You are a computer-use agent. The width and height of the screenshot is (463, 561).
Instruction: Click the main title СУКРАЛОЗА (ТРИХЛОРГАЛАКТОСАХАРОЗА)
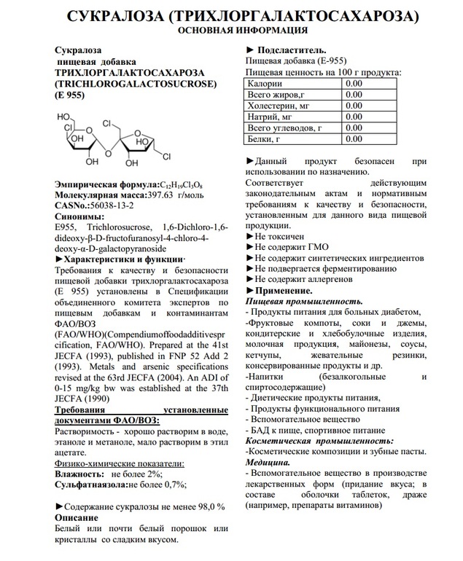232,15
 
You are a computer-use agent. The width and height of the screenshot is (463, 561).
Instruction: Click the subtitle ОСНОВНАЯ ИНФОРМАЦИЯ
232,31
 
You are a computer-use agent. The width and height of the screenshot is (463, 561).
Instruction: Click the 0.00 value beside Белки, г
353,138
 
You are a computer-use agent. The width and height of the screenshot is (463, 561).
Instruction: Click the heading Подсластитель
288,50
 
